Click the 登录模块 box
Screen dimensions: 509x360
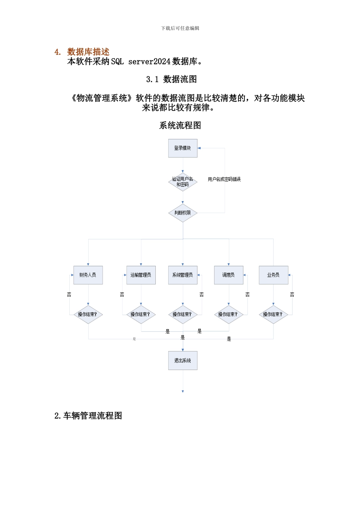tap(183, 148)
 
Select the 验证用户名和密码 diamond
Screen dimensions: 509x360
tap(183, 182)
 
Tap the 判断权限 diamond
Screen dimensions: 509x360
tap(183, 213)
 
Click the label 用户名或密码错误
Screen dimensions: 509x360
tap(224, 179)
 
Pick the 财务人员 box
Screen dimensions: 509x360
tap(88, 275)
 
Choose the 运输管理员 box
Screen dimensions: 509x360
tap(141, 275)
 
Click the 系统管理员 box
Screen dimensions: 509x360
tap(183, 275)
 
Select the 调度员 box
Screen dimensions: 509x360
tap(229, 275)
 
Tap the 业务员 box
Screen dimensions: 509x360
tap(273, 275)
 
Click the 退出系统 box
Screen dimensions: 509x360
tap(183, 361)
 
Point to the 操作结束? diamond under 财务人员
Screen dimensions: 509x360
tap(88, 314)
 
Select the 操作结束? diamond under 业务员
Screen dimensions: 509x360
tap(273, 314)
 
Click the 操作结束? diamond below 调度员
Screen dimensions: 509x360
tap(229, 314)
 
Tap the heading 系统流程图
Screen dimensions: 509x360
tap(180, 125)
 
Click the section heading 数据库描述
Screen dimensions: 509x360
tap(88, 52)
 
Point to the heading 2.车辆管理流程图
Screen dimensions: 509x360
tap(88, 416)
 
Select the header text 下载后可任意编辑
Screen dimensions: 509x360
tap(180, 28)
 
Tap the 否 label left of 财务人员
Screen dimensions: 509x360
tap(69, 294)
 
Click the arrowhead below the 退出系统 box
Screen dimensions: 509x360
tap(183, 391)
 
